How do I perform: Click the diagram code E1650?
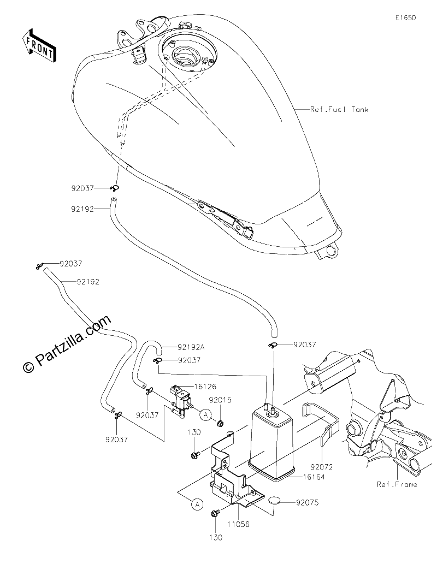click(406, 17)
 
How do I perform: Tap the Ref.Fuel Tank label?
click(339, 109)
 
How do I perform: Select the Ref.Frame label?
click(397, 484)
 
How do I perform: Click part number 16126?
click(205, 387)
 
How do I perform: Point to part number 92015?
click(221, 400)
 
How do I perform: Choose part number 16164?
click(314, 477)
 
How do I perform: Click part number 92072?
click(322, 467)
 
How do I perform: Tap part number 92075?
click(308, 502)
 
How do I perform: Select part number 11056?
click(239, 525)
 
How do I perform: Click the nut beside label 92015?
click(220, 423)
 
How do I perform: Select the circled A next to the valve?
click(205, 415)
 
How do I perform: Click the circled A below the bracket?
click(197, 504)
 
